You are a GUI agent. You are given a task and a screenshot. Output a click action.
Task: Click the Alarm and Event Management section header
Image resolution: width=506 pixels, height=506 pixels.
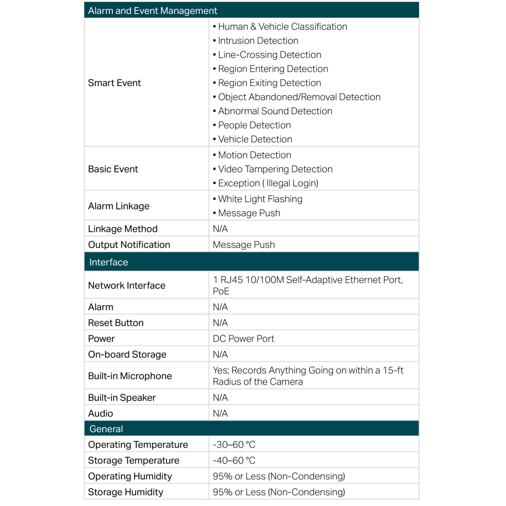[x=152, y=11]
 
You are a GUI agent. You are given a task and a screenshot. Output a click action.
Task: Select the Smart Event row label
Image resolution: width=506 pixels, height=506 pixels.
[x=114, y=83]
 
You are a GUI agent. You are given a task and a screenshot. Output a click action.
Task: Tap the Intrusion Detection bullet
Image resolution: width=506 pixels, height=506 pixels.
[x=258, y=40]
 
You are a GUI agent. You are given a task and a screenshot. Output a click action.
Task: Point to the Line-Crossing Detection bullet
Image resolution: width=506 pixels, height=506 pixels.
[x=269, y=55]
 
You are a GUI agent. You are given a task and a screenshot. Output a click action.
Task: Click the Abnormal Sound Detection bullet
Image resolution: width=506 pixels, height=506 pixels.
[x=275, y=111]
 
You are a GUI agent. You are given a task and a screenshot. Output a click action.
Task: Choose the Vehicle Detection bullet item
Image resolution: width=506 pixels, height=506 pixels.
[x=255, y=139]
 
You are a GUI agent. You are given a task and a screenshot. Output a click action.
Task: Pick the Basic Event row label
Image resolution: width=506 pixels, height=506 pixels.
[x=113, y=169]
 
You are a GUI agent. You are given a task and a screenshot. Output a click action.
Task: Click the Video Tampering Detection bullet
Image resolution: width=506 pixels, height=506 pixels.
[x=275, y=169]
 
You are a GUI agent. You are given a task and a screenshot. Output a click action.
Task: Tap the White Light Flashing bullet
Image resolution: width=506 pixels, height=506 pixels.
[x=260, y=199]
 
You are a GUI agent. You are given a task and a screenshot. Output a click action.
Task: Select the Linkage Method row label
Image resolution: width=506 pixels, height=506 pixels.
[x=123, y=229]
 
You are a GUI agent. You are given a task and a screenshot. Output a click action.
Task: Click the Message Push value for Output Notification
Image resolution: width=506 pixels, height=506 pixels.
[x=244, y=244]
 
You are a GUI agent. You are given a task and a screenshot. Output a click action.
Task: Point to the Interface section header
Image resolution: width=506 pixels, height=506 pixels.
[x=108, y=262]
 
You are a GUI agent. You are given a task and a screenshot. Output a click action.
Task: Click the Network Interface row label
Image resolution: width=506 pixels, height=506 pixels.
[x=126, y=285]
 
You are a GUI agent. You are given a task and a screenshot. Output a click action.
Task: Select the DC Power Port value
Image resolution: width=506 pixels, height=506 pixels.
[x=243, y=339]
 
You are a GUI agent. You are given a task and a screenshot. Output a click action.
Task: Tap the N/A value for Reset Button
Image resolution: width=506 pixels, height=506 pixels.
[x=220, y=323]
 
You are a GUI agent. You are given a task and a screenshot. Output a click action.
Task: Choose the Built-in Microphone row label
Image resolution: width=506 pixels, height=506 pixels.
[x=130, y=376]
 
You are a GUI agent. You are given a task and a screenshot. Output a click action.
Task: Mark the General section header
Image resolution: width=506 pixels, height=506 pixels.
[x=106, y=429]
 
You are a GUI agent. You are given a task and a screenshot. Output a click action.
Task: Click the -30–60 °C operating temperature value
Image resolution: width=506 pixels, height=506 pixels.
[x=234, y=445]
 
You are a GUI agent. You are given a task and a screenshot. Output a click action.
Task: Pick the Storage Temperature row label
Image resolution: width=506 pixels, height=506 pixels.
[x=134, y=460]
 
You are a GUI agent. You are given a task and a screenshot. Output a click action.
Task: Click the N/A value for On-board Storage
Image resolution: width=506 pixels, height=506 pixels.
[x=220, y=354]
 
